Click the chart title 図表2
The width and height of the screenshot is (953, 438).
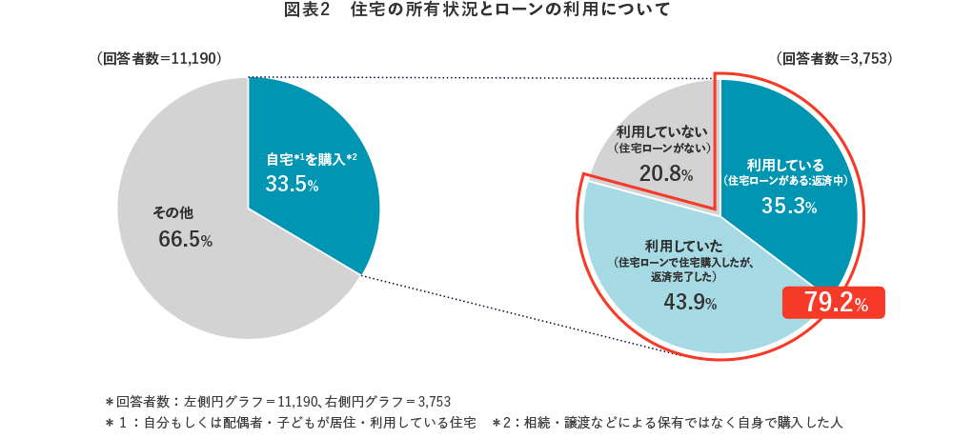coord(306,11)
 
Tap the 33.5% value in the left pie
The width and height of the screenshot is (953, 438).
coord(291,185)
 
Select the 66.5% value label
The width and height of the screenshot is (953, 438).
coord(185,240)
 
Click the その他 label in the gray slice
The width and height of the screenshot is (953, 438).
coord(173,211)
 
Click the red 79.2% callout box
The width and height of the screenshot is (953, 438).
coord(835,304)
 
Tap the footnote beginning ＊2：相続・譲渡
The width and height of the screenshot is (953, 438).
coord(668,421)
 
